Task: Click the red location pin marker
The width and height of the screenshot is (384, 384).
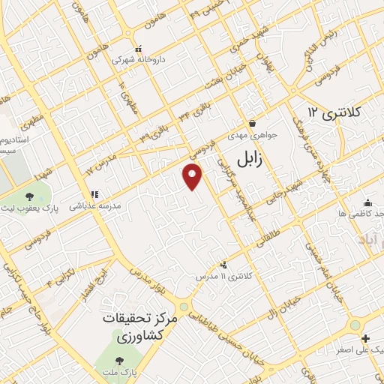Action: click(193, 177)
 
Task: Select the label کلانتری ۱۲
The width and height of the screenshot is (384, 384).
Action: click(334, 112)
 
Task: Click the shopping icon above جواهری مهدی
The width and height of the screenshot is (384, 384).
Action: click(253, 123)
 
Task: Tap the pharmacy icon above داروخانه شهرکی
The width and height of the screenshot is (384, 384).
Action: click(133, 46)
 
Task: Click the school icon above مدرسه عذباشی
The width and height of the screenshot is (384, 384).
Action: click(95, 194)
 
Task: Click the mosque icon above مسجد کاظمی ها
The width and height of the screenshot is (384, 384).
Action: click(367, 202)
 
